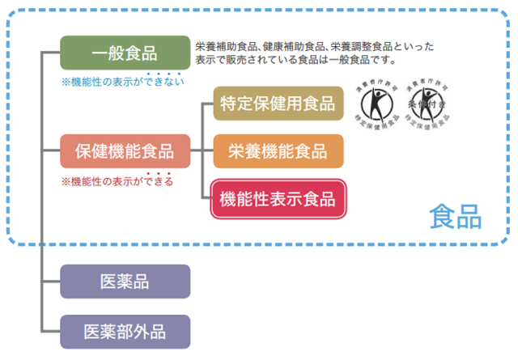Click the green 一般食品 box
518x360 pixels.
coord(125,54)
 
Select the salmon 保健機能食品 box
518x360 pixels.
coord(125,151)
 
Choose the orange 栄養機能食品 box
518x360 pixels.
coord(278,151)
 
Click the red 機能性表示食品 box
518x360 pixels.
coord(278,197)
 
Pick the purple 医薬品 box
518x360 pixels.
coord(125,282)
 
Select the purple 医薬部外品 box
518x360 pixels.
coord(125,331)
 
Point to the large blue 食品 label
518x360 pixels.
coord(456,216)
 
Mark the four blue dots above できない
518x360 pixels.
coord(163,74)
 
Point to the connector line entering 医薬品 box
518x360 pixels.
coord(51,282)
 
